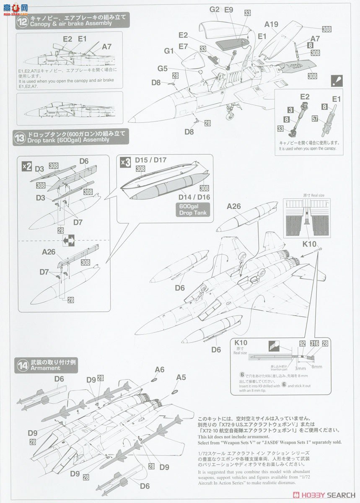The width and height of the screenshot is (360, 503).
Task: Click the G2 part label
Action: [x=215, y=9]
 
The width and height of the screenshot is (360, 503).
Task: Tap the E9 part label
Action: [x=228, y=9]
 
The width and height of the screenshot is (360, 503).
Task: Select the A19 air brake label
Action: [x=271, y=24]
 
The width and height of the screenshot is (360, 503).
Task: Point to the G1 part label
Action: [x=169, y=51]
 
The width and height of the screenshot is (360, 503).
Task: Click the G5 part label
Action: [x=163, y=68]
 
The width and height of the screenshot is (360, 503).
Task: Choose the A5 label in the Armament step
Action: [x=181, y=377]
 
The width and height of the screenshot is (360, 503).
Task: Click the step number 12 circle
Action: [x=22, y=21]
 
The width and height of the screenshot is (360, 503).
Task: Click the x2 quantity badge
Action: [x=26, y=166]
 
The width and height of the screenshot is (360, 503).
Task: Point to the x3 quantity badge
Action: [x=125, y=162]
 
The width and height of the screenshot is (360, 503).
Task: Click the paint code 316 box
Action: [x=314, y=343]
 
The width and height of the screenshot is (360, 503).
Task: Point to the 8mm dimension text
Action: [x=316, y=366]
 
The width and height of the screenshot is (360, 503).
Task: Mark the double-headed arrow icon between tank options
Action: [x=68, y=241]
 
